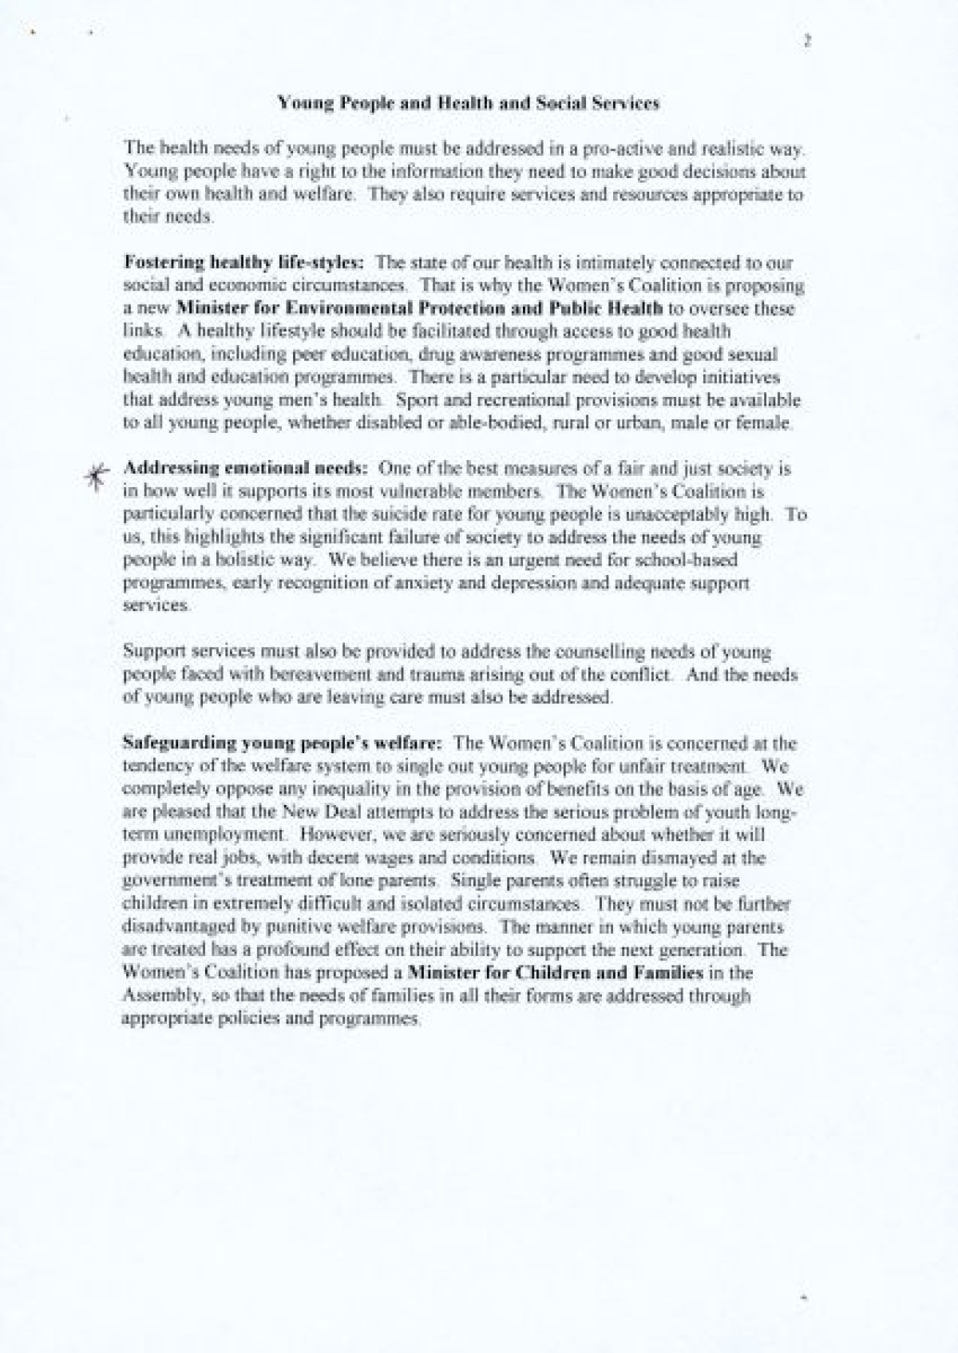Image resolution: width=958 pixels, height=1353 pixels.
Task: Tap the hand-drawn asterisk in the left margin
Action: [x=95, y=477]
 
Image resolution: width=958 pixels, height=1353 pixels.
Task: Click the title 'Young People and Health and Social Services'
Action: [x=468, y=103]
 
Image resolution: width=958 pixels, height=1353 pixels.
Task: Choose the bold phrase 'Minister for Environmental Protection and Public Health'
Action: [x=419, y=308]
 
